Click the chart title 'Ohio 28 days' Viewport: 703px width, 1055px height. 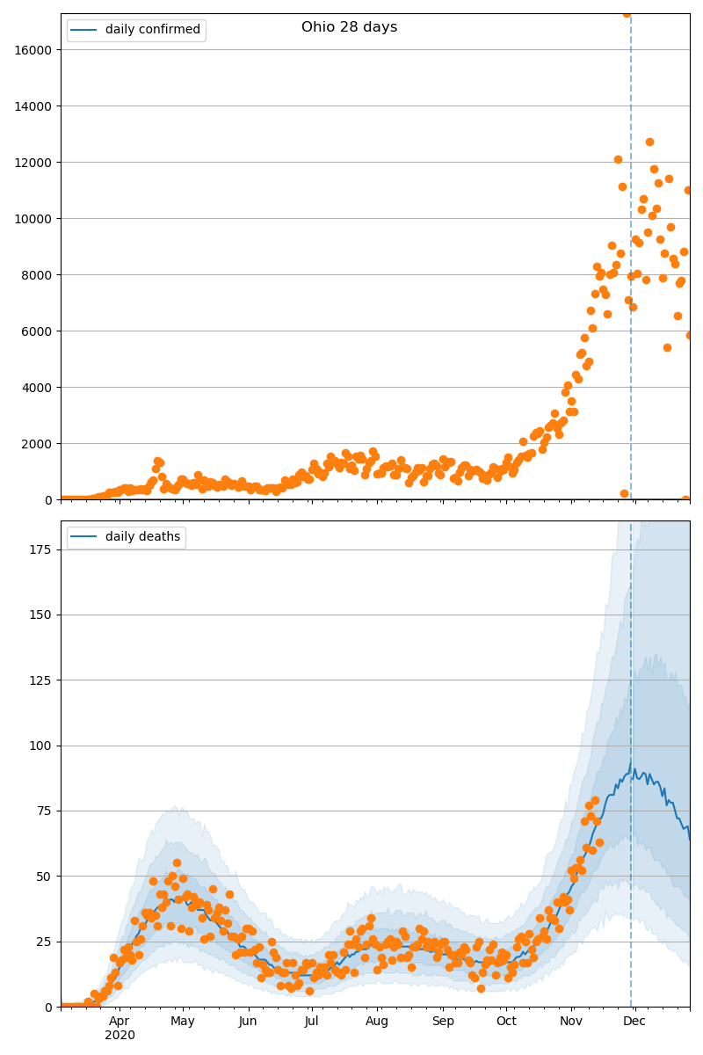[349, 27]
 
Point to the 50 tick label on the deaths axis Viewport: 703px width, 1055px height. [45, 877]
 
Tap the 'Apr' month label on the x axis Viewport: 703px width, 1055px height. [120, 1022]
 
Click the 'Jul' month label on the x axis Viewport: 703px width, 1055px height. [312, 1022]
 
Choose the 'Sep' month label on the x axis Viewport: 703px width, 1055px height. [443, 1022]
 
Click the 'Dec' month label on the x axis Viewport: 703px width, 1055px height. [634, 1022]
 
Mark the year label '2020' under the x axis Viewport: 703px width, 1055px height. [120, 1036]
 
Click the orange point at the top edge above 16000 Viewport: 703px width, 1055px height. [627, 13]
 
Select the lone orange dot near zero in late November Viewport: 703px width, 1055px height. [624, 493]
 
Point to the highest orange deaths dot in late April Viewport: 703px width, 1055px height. [177, 863]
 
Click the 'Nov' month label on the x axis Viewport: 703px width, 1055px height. [571, 1022]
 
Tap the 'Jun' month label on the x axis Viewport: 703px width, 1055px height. [248, 1022]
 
